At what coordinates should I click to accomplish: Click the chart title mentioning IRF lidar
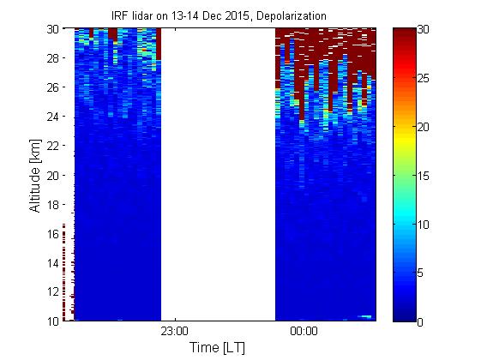[x=219, y=16]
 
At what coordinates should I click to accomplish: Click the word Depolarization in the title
[x=292, y=16]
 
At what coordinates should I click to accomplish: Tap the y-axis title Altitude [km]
[x=35, y=176]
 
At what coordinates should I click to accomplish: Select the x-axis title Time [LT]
[x=217, y=348]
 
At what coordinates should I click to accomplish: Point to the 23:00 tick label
[x=175, y=332]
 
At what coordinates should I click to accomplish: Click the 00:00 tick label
[x=304, y=332]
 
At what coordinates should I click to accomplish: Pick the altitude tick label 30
[x=53, y=29]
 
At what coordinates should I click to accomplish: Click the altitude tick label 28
[x=53, y=58]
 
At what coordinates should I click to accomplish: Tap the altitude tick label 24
[x=53, y=117]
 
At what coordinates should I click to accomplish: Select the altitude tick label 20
[x=53, y=176]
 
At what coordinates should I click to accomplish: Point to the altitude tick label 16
[x=53, y=234]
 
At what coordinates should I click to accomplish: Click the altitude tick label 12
[x=53, y=292]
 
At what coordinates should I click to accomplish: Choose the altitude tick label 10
[x=53, y=321]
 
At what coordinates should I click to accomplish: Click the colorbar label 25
[x=423, y=79]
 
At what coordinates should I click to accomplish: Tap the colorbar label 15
[x=423, y=176]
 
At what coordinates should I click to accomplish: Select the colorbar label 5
[x=420, y=273]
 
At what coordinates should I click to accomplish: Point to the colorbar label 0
[x=420, y=322]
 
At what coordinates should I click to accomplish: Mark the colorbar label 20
[x=423, y=127]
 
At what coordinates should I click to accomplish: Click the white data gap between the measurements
[x=218, y=175]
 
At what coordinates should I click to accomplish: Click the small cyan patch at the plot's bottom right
[x=366, y=316]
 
